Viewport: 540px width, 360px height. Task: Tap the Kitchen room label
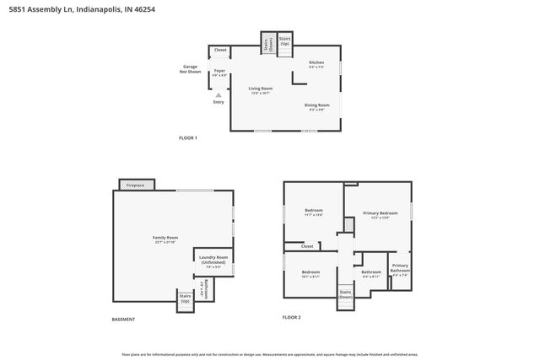[316, 64]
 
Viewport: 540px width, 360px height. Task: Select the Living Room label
[260, 89]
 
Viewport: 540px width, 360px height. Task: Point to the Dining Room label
[317, 106]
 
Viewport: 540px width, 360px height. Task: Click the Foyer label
[219, 73]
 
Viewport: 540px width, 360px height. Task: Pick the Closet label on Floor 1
[220, 51]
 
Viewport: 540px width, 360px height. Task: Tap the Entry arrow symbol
[219, 95]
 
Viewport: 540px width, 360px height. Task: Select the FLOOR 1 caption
[187, 137]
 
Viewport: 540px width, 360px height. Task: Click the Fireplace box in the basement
[135, 185]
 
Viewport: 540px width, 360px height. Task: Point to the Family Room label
[165, 240]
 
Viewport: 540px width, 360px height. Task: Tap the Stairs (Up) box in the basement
[185, 298]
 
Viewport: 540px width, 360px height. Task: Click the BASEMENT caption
[123, 320]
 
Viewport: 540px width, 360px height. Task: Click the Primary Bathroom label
[399, 271]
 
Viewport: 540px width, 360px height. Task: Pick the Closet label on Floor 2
[307, 246]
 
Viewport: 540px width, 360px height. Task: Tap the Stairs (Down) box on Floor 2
[346, 295]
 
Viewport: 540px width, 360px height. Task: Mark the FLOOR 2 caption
[291, 317]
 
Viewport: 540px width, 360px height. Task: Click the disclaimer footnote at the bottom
[270, 354]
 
